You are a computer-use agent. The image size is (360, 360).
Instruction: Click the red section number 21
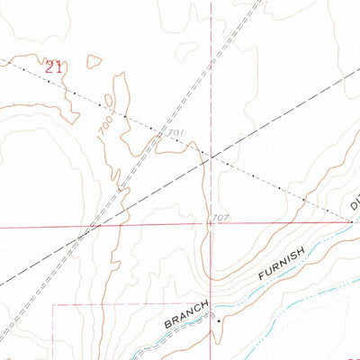[54, 67]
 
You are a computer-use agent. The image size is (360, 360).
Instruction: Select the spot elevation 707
[220, 218]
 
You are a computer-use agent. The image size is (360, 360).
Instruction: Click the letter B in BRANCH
[168, 323]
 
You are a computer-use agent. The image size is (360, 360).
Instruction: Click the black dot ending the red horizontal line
[351, 220]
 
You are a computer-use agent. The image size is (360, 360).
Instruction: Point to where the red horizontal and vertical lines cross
[211, 224]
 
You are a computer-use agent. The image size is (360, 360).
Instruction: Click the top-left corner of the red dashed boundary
[52, 305]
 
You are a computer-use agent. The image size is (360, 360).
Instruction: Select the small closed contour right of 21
[92, 62]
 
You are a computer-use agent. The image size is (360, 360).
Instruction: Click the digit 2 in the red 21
[49, 67]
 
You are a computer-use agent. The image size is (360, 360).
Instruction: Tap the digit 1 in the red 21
[59, 67]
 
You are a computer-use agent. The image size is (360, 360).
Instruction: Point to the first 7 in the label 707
[214, 218]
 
